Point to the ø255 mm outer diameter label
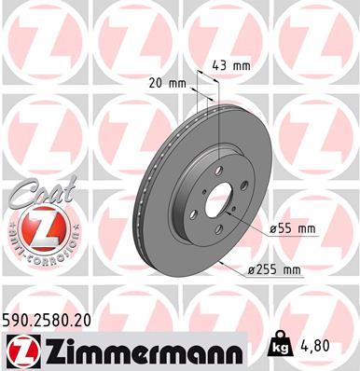point(278,269)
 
